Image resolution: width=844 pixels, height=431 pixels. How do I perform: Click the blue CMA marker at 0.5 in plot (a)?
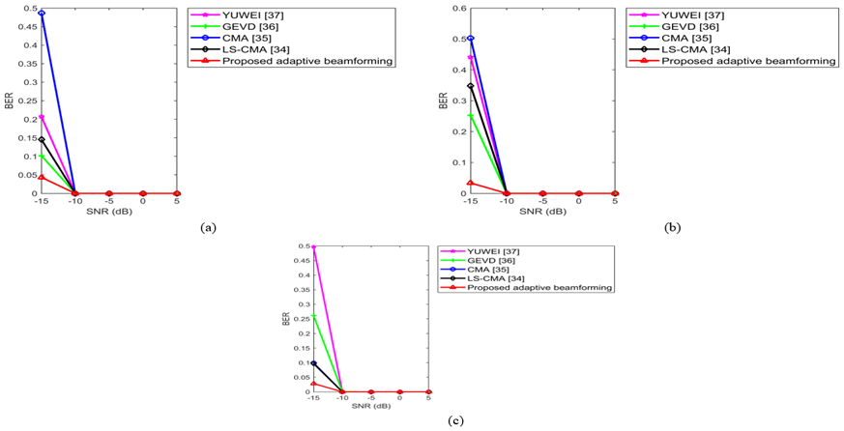(x=42, y=14)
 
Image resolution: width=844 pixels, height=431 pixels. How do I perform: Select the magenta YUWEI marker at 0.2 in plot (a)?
(x=42, y=117)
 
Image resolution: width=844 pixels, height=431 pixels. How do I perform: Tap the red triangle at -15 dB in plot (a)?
(x=42, y=177)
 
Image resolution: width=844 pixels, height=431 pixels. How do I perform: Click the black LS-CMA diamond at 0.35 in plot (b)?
(x=471, y=86)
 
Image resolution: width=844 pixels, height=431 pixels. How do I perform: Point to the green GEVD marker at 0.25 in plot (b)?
(x=471, y=116)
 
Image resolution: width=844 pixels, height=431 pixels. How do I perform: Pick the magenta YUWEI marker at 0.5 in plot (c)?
(x=314, y=247)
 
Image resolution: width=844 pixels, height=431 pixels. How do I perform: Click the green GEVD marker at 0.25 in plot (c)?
(x=314, y=317)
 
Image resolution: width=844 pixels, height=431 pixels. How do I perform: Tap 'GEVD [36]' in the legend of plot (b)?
(x=683, y=26)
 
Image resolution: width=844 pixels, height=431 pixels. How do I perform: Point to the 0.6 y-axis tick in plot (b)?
(x=459, y=9)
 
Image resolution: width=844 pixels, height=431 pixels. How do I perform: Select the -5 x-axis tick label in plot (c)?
(x=371, y=398)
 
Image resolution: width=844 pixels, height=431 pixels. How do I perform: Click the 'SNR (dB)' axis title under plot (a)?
(x=109, y=211)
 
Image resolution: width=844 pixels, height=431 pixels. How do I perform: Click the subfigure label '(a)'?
(x=206, y=227)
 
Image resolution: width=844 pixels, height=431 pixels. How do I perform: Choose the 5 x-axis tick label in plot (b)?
(x=616, y=201)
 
